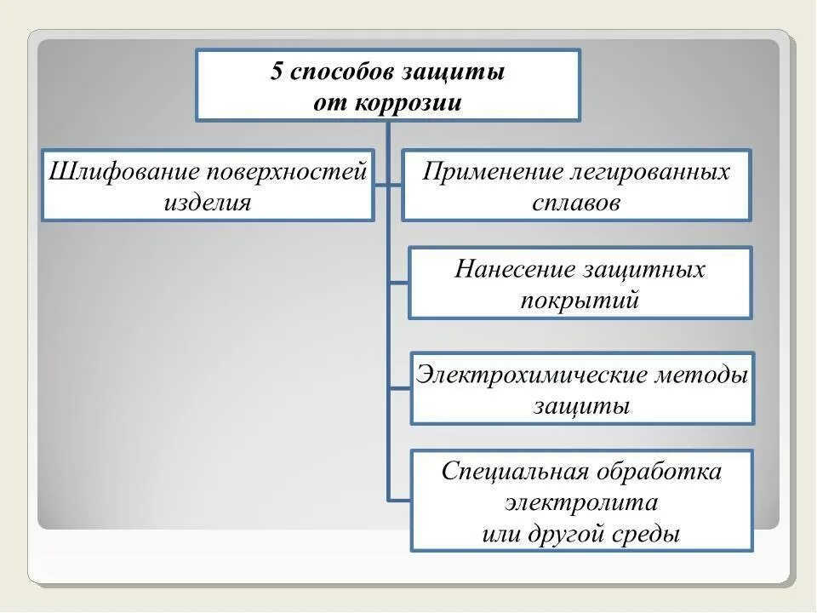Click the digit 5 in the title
coord(277,72)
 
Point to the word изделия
coord(208,203)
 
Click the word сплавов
coord(576,203)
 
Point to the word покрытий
coord(580,301)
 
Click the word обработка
coord(660,472)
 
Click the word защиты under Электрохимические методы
coord(582,406)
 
